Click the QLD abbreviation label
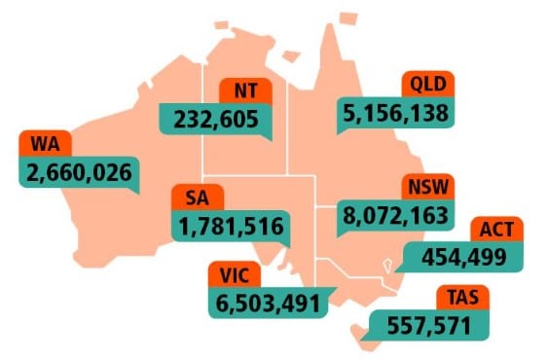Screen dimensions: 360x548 pyautogui.click(x=427, y=83)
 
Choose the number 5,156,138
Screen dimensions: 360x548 pyautogui.click(x=396, y=113)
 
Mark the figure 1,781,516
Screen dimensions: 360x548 pyautogui.click(x=232, y=228)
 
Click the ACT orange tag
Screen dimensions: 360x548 pyautogui.click(x=497, y=230)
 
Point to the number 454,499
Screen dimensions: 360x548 pyautogui.click(x=461, y=258)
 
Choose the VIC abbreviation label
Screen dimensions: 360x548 pyautogui.click(x=234, y=274)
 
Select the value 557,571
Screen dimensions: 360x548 pyautogui.click(x=428, y=326)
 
